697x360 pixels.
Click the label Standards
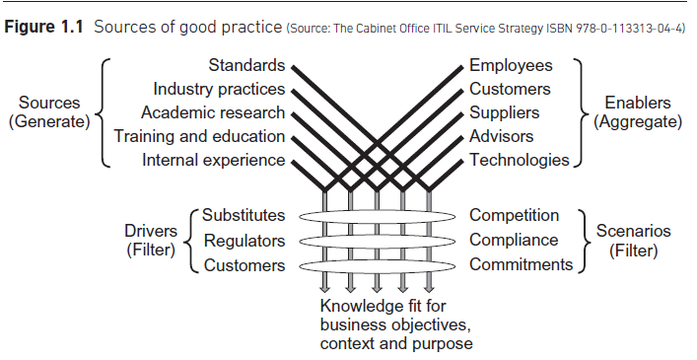point(246,66)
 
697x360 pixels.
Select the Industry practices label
point(219,90)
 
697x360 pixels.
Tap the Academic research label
point(213,113)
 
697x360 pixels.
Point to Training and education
point(199,136)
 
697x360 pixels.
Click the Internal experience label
point(214,160)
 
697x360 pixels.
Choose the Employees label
point(511,66)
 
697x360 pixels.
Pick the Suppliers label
point(504,113)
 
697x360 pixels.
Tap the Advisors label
point(501,136)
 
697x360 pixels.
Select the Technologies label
point(519,160)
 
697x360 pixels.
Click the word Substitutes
point(244,215)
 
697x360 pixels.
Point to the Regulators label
point(244,241)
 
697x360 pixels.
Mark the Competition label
point(514,215)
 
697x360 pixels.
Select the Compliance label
point(514,240)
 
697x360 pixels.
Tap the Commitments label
point(521,264)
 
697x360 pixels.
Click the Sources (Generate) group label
point(48,112)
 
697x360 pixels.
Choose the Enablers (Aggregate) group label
point(638,112)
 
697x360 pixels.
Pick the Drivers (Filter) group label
point(150,241)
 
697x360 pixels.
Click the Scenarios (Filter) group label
point(634,241)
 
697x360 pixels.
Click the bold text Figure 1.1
point(44,25)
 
